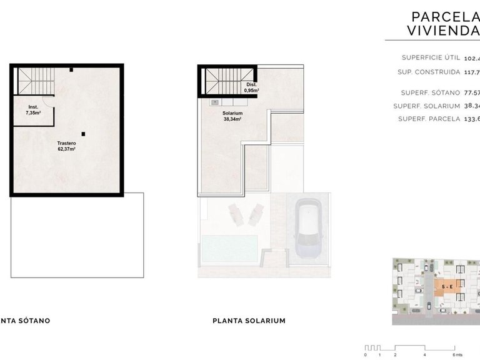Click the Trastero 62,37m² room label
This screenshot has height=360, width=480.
pos(66,146)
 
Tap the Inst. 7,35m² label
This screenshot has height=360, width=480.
pos(33,110)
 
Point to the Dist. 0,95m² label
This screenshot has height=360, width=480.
pos(251,87)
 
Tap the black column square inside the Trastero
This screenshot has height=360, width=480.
pos(83,133)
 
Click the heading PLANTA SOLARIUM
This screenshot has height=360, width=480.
pos(249,321)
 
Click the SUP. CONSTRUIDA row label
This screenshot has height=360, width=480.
pos(428,72)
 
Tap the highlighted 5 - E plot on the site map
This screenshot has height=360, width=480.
pos(447,287)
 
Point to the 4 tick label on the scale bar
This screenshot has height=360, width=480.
pos(424,354)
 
